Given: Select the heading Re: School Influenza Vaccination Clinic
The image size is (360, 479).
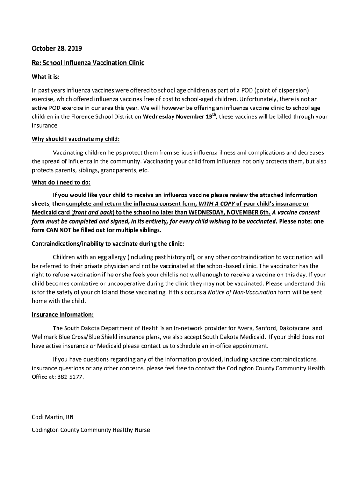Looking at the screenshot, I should click(88, 63).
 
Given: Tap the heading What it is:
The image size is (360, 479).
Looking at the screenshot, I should click(45, 77).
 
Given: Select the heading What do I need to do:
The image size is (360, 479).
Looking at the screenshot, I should click(61, 182).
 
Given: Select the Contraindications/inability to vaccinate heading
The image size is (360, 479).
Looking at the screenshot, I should click(108, 244).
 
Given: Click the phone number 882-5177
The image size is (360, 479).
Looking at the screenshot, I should click(73, 377).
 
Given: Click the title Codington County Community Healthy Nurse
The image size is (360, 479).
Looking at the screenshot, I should click(91, 430).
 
